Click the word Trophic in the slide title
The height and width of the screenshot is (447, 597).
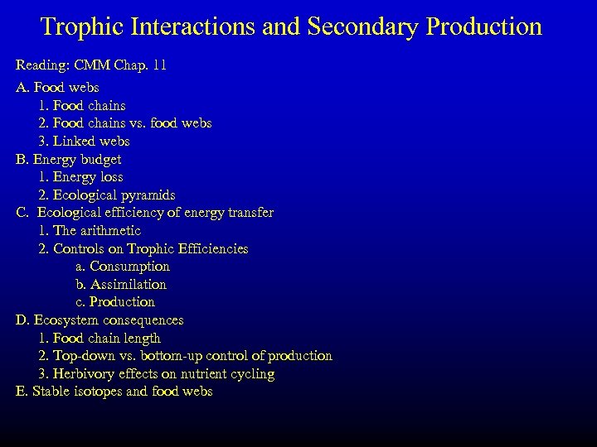click(x=88, y=26)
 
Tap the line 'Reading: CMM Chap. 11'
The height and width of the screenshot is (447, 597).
click(x=91, y=65)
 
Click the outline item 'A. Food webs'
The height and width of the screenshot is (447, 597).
click(x=57, y=87)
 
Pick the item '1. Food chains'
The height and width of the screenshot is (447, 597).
click(x=82, y=105)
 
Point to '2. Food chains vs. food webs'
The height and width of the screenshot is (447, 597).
click(x=124, y=123)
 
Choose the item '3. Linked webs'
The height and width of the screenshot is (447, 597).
click(x=84, y=142)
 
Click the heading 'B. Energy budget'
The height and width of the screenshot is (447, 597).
click(x=69, y=159)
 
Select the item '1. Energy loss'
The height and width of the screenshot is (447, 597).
click(x=80, y=177)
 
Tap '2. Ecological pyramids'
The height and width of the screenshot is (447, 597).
click(x=106, y=195)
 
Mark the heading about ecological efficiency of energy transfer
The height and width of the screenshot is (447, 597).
click(x=145, y=213)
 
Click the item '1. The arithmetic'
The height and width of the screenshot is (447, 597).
click(x=90, y=231)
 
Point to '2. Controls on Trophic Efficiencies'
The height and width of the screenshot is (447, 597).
click(x=143, y=248)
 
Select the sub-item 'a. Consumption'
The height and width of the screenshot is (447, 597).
click(x=123, y=267)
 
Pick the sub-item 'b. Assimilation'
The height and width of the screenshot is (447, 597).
click(x=121, y=285)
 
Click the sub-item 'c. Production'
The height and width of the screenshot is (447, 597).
click(x=115, y=302)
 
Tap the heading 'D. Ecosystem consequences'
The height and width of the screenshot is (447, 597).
click(x=99, y=320)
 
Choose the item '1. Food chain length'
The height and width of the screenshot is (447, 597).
click(x=99, y=339)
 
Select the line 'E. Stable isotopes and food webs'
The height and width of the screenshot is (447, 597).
click(x=114, y=392)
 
